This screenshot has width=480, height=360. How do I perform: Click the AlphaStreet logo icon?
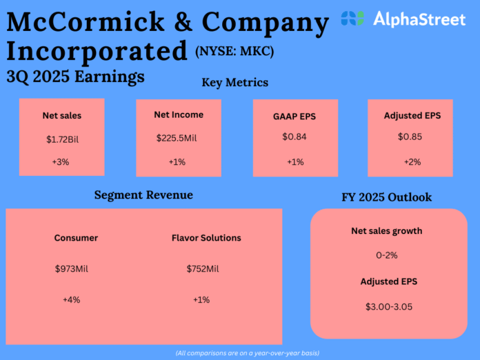coord(353,19)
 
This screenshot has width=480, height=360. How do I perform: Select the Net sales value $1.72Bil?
coord(62,139)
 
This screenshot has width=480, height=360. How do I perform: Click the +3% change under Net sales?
coord(62,163)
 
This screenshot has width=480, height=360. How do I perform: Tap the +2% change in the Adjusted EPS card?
coord(412,162)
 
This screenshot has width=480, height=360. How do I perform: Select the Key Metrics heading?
coord(234,83)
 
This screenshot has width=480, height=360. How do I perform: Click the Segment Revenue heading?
coord(143,195)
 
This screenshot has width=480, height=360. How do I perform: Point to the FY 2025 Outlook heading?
coord(386,197)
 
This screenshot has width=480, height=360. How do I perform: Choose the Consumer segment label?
coord(76,238)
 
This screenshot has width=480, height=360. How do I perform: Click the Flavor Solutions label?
coord(206,238)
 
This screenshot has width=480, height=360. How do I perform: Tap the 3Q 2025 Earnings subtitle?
coord(75,76)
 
